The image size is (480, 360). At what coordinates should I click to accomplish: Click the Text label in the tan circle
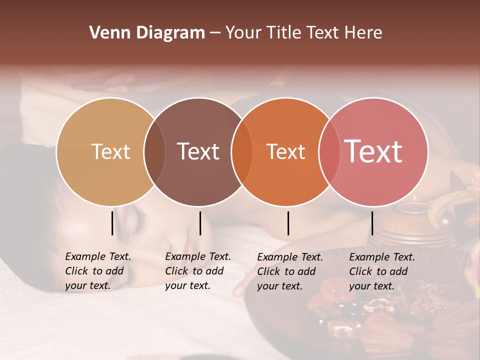tap(110, 151)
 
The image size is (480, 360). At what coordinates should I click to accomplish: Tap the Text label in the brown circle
tap(198, 151)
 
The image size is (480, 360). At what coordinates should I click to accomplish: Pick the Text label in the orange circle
tap(285, 151)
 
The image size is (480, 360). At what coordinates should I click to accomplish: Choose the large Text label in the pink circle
tap(373, 151)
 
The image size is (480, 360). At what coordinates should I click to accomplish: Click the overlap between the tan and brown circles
tap(154, 152)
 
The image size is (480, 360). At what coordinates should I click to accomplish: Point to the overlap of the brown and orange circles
tap(242, 152)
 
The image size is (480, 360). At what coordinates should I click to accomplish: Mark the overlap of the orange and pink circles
tap(329, 152)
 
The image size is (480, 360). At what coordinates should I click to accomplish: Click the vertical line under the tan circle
tap(112, 223)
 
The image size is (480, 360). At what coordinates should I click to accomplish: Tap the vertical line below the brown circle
tap(200, 223)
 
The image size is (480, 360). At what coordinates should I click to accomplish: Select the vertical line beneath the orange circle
tap(288, 223)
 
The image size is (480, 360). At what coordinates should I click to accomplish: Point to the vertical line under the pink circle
tap(372, 223)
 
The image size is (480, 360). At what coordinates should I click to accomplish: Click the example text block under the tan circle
tap(98, 271)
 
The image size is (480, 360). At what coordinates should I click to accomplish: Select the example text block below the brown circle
tap(198, 271)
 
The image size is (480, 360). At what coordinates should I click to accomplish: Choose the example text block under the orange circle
tap(290, 271)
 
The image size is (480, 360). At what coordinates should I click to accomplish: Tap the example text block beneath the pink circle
tap(382, 271)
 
